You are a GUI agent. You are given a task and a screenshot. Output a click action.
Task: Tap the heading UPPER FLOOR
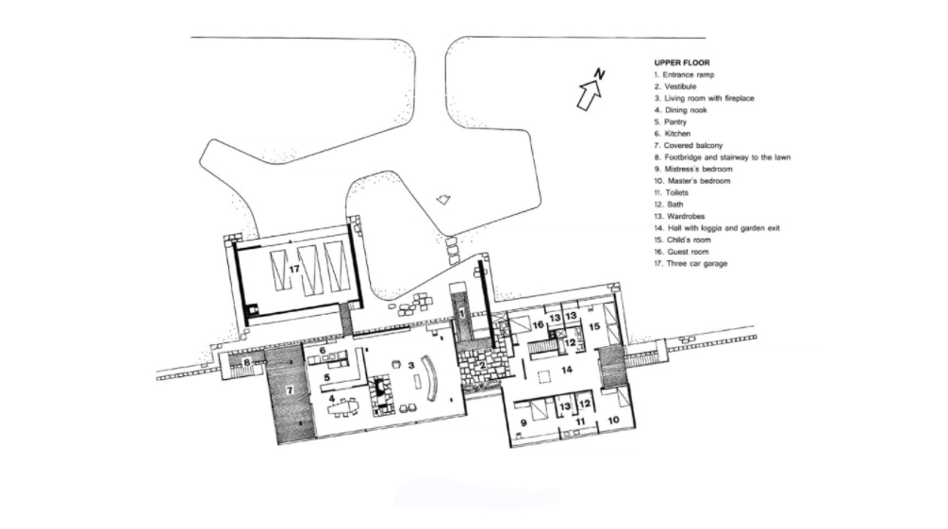682,63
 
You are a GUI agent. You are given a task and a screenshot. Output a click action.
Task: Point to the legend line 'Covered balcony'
688,146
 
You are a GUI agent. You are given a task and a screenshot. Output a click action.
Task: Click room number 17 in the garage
294,269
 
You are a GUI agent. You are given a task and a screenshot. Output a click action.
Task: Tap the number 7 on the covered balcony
290,390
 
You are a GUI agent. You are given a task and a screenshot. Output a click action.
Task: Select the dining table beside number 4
342,408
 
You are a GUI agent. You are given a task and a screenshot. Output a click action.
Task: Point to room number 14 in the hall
567,370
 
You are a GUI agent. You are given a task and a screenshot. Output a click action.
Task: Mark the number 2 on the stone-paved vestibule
482,365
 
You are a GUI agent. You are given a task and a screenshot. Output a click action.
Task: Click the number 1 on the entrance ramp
462,314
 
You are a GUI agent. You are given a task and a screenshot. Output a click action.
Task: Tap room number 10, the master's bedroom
613,421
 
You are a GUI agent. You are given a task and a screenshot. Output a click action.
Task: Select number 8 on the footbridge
247,363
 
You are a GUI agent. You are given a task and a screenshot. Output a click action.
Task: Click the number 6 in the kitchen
323,351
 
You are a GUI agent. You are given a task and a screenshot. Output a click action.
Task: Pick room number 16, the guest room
538,325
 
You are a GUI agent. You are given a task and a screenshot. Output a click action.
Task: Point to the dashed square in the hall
545,376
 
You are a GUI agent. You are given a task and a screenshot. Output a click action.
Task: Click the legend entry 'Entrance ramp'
684,75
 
